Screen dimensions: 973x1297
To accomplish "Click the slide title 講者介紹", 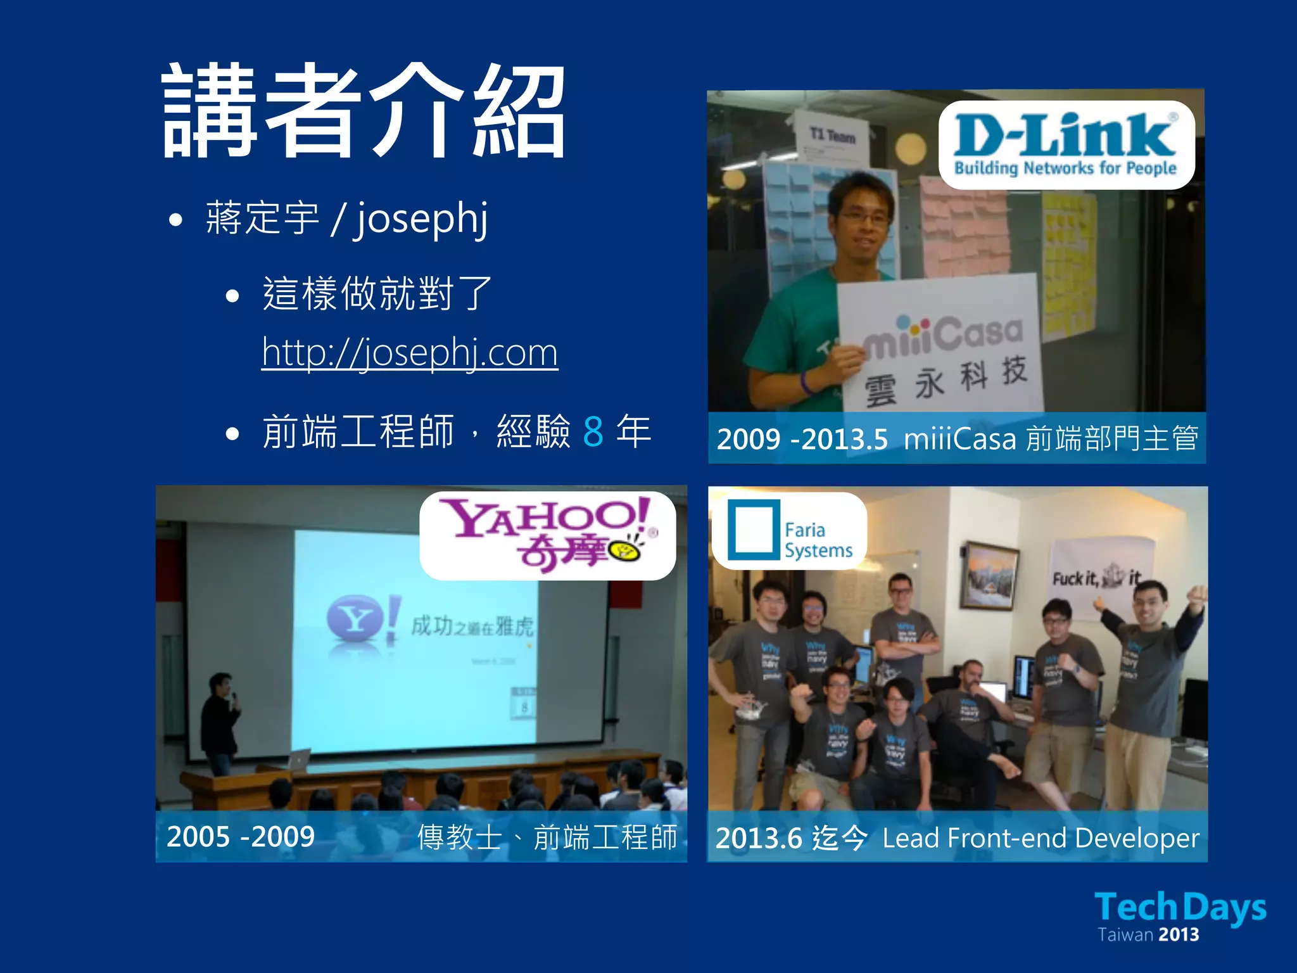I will click(364, 111).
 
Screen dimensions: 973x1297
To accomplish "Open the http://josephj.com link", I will click(410, 352).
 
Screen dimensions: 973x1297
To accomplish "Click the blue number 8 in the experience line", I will click(593, 432).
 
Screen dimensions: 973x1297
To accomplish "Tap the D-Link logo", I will click(1066, 144).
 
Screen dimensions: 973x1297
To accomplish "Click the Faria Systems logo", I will click(789, 531).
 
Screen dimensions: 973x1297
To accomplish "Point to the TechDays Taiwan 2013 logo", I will click(1180, 915).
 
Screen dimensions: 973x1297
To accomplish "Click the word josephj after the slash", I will click(421, 219).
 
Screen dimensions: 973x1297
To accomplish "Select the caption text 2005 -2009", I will click(241, 837).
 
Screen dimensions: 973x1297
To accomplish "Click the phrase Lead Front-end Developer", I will click(1041, 838).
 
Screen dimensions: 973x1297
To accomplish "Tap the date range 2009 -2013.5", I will click(802, 439).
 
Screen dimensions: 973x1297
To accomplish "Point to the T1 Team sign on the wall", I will click(832, 136).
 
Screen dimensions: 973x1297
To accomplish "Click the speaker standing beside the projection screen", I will click(219, 722).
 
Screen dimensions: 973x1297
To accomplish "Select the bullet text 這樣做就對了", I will click(377, 294).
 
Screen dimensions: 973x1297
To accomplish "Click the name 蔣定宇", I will click(262, 219).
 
